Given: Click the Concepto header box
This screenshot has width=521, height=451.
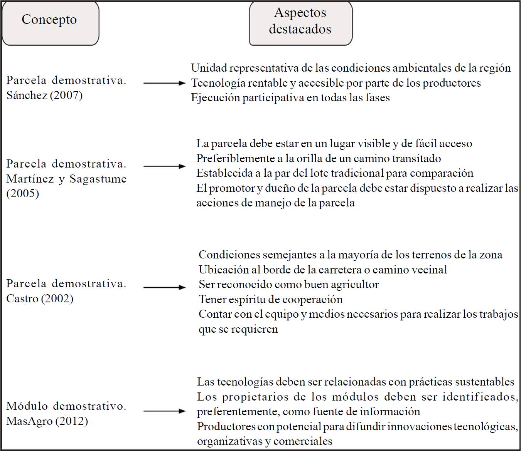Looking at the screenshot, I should [50, 23].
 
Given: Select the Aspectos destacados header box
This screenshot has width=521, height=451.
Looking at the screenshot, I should [300, 23].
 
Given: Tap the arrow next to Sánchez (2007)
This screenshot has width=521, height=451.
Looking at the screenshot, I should [164, 83].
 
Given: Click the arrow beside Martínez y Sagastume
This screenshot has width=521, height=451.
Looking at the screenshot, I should [164, 166].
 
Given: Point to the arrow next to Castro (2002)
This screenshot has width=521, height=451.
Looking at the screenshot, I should [164, 287].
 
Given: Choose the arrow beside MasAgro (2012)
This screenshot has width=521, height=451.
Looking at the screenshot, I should [164, 411].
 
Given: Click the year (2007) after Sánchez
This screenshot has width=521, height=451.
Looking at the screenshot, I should [66, 95].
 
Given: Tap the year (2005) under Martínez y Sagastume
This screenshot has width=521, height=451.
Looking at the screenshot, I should [23, 193].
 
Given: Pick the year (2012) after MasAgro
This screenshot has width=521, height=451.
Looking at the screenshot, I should [71, 421].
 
